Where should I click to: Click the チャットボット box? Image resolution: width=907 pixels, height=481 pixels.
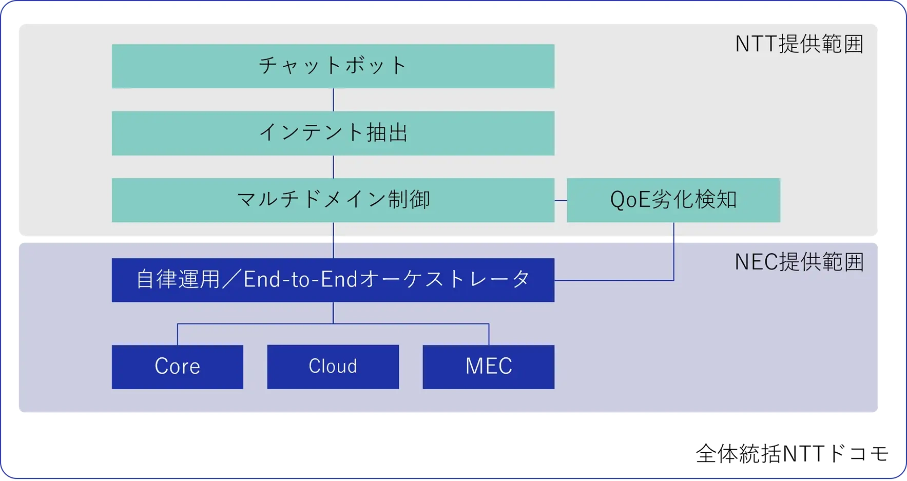[333, 66]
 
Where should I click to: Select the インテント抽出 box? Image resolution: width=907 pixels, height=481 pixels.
[333, 133]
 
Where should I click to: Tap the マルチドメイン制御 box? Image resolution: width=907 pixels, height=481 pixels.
[333, 200]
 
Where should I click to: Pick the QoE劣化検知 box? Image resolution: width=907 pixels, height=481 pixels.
[673, 200]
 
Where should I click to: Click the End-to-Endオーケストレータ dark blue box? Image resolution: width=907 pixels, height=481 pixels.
[333, 280]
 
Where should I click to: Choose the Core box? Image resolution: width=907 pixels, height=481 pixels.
[177, 367]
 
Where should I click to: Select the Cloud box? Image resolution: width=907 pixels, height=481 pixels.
[333, 367]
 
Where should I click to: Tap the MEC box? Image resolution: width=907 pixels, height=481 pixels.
[488, 367]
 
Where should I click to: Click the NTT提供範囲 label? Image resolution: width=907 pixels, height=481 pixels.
[799, 44]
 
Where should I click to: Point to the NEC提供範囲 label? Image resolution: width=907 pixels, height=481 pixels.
[799, 262]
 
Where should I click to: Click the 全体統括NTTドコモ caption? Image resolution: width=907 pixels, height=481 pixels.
[792, 454]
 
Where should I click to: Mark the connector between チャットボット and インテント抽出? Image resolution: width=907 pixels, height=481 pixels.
[333, 100]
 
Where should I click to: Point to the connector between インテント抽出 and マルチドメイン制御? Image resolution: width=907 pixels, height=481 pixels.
[333, 166]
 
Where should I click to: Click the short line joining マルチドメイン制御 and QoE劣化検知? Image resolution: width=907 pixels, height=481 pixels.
[561, 200]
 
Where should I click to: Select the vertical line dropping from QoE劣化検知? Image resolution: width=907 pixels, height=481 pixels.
[673, 252]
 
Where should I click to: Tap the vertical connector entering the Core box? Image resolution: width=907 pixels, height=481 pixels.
[178, 334]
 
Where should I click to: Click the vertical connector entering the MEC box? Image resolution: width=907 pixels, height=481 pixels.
[489, 334]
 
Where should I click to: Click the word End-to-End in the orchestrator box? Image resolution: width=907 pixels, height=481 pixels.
[300, 280]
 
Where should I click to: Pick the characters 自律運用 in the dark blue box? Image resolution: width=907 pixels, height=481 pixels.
[178, 280]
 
